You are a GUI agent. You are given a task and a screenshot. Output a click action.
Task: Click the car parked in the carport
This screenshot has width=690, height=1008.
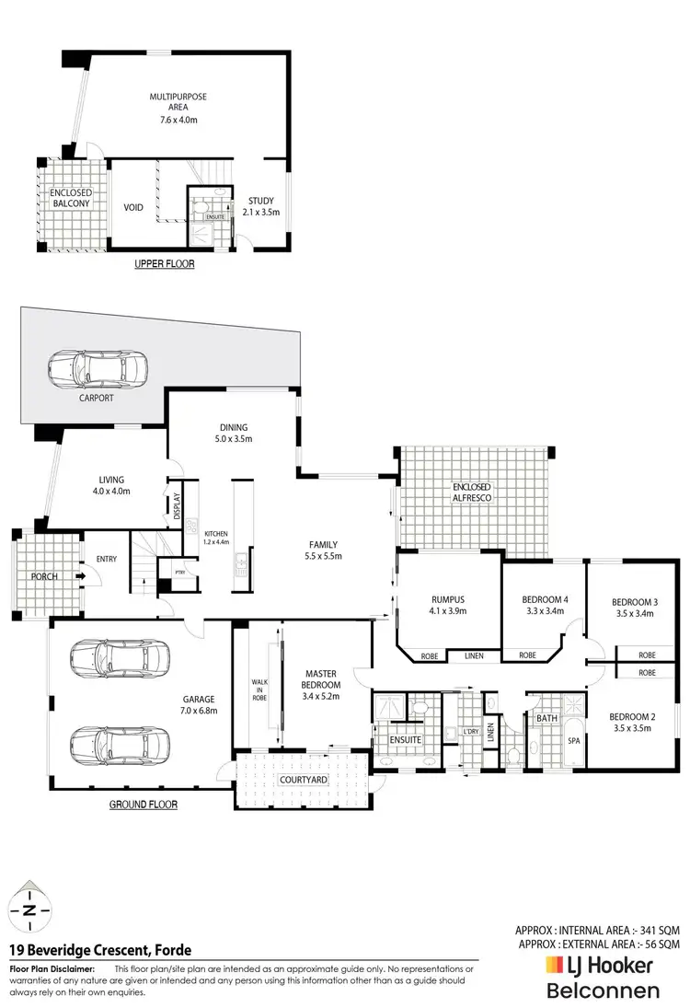coord(98,368)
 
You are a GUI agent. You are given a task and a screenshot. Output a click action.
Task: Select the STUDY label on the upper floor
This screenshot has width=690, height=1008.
coord(262,205)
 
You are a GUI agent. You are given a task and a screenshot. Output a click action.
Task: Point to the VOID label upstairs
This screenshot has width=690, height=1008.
coord(134,208)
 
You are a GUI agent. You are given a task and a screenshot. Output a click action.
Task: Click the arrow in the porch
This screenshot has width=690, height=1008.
coord(81,577)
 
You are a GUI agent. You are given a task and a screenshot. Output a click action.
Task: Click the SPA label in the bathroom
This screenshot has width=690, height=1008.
coord(573,741)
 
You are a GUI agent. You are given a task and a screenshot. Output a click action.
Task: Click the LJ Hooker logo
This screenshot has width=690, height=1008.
coord(600,966)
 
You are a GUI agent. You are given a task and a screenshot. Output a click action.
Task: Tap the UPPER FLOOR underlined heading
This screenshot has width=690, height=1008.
coord(165,263)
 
